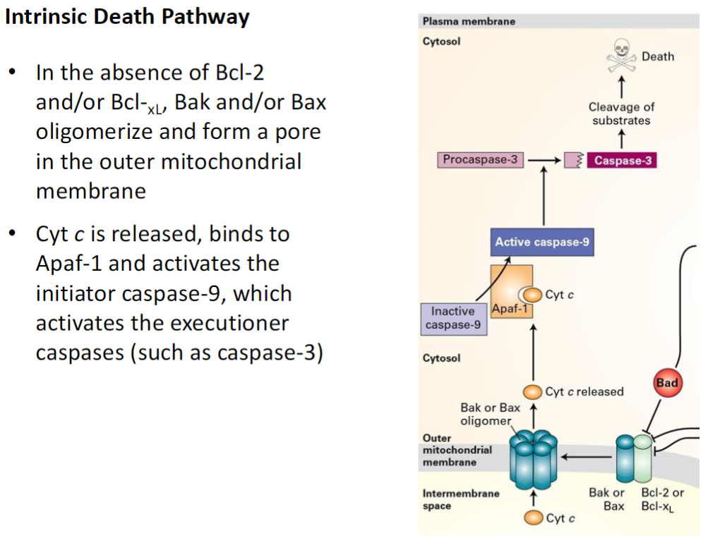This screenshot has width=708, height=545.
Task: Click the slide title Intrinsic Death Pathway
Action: pos(127,16)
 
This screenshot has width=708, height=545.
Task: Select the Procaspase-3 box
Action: pos(479,160)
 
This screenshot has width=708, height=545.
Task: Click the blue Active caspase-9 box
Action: pos(542,242)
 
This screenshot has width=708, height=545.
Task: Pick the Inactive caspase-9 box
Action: pos(453,318)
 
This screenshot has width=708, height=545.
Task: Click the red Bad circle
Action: pos(666,384)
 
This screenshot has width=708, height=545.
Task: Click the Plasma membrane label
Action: pos(469,21)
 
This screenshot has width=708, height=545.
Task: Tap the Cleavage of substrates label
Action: pos(621,114)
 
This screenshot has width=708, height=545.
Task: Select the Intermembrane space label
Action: pos(460,500)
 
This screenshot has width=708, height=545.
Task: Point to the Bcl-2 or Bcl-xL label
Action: pos(662,499)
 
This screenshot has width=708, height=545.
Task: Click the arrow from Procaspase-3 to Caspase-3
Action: pos(543,161)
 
